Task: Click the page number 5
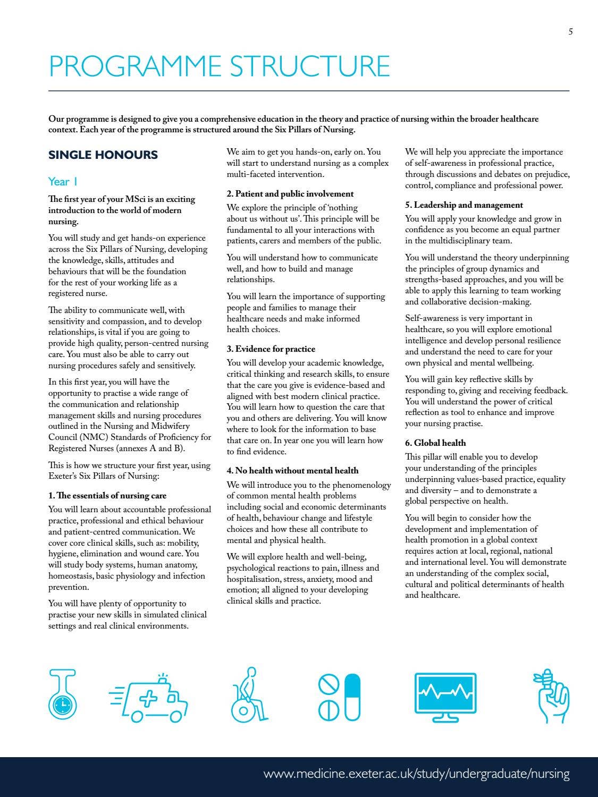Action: tap(570, 32)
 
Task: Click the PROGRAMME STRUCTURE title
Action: tap(219, 66)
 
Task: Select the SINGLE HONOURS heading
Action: tap(103, 155)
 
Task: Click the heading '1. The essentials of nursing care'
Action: tap(107, 496)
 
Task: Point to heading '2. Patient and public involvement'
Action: tap(290, 194)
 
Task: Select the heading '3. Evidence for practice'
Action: tap(271, 349)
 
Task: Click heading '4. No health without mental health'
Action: tap(292, 471)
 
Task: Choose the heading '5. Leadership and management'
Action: tap(464, 205)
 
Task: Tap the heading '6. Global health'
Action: tap(435, 443)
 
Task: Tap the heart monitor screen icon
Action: tap(445, 696)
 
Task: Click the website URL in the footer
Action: tap(416, 774)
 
